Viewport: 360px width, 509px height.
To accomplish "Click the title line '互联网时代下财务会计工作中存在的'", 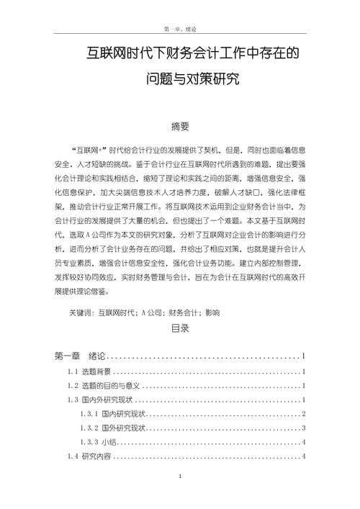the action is point(180,53).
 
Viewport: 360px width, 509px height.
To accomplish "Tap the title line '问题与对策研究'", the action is point(180,77).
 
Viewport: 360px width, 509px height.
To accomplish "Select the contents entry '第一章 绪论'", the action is point(80,356).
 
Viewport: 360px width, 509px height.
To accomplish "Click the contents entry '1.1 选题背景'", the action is point(89,371).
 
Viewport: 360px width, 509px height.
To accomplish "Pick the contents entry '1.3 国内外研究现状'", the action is point(99,400).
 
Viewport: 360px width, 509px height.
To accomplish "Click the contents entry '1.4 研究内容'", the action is point(89,456).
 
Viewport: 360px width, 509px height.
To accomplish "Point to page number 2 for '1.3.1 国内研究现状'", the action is point(305,414).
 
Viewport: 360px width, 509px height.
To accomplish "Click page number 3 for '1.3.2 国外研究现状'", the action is point(305,428).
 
